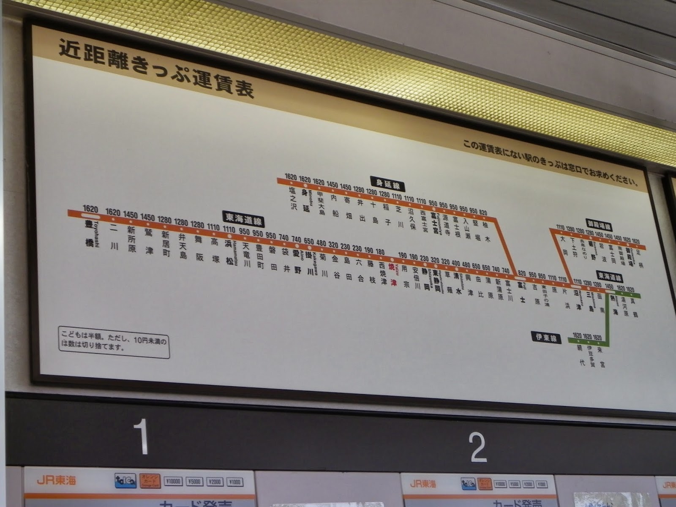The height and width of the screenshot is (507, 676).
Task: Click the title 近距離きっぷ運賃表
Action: coord(156,70)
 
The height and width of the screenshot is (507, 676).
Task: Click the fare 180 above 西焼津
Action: coord(380,252)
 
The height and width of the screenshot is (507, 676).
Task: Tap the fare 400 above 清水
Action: coord(456,263)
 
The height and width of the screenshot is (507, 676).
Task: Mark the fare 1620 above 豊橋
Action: coord(90,209)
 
